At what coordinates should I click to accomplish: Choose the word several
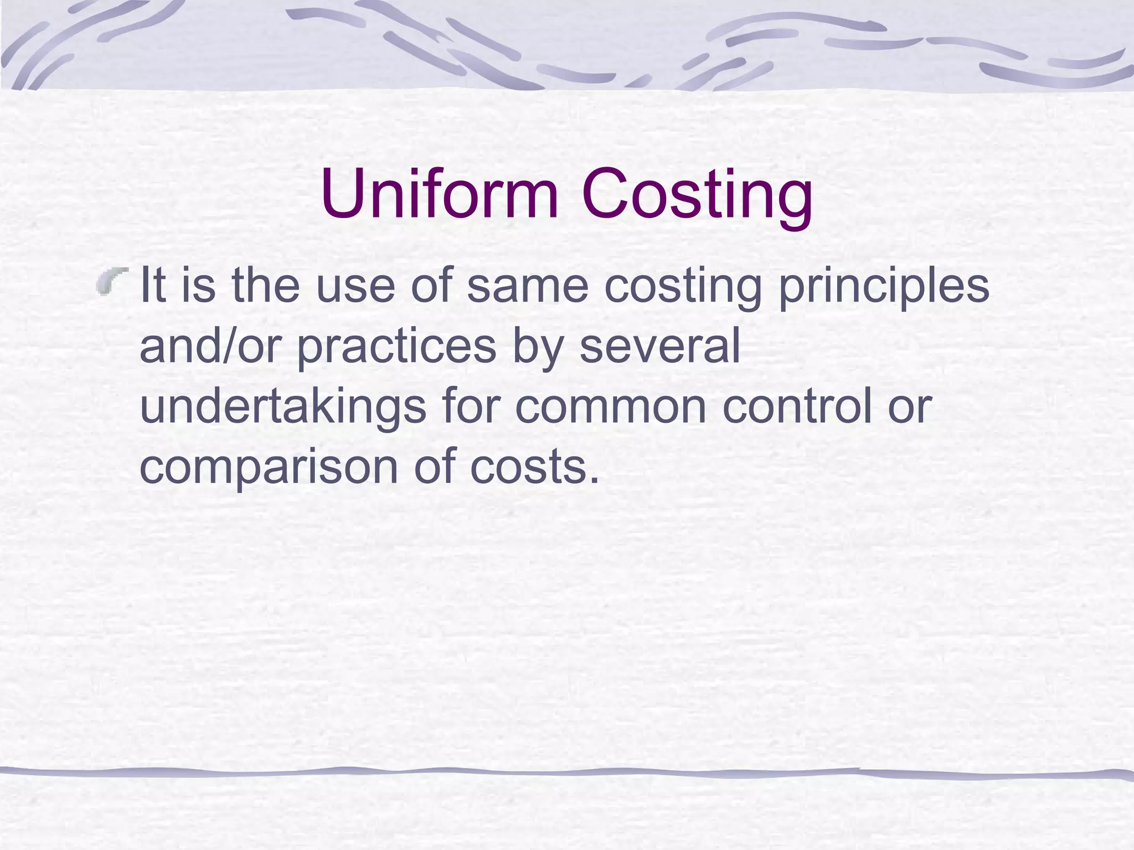pyautogui.click(x=659, y=346)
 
